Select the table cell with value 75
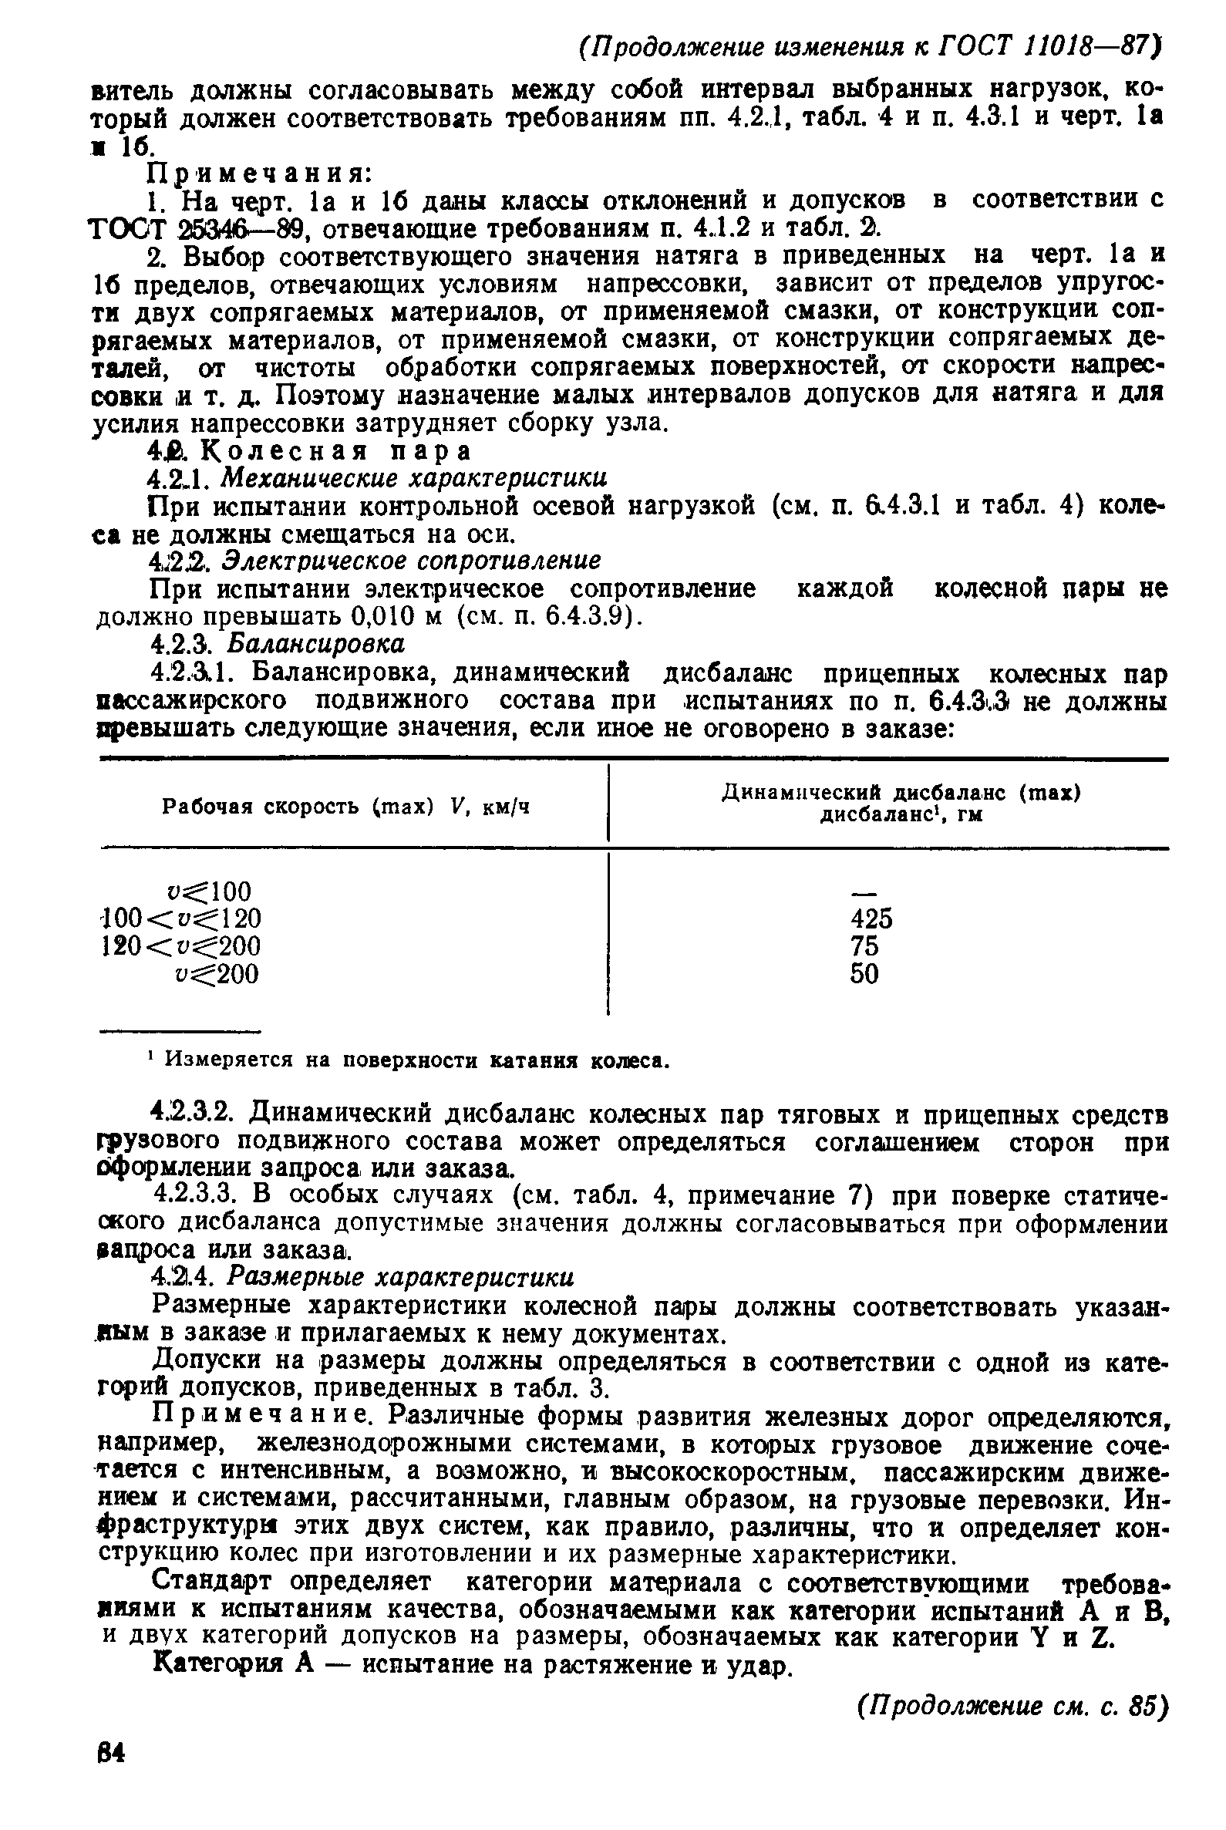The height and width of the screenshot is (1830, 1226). click(x=864, y=946)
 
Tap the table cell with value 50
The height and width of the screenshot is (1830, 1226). click(x=864, y=975)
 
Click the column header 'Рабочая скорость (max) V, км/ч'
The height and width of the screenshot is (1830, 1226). click(x=345, y=807)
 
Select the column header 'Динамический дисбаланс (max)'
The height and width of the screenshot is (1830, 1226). click(x=900, y=793)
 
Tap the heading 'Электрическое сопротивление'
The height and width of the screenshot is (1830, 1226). click(x=412, y=560)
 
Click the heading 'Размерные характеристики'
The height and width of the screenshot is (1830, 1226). click(x=401, y=1277)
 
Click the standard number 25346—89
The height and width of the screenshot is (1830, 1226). click(x=246, y=230)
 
